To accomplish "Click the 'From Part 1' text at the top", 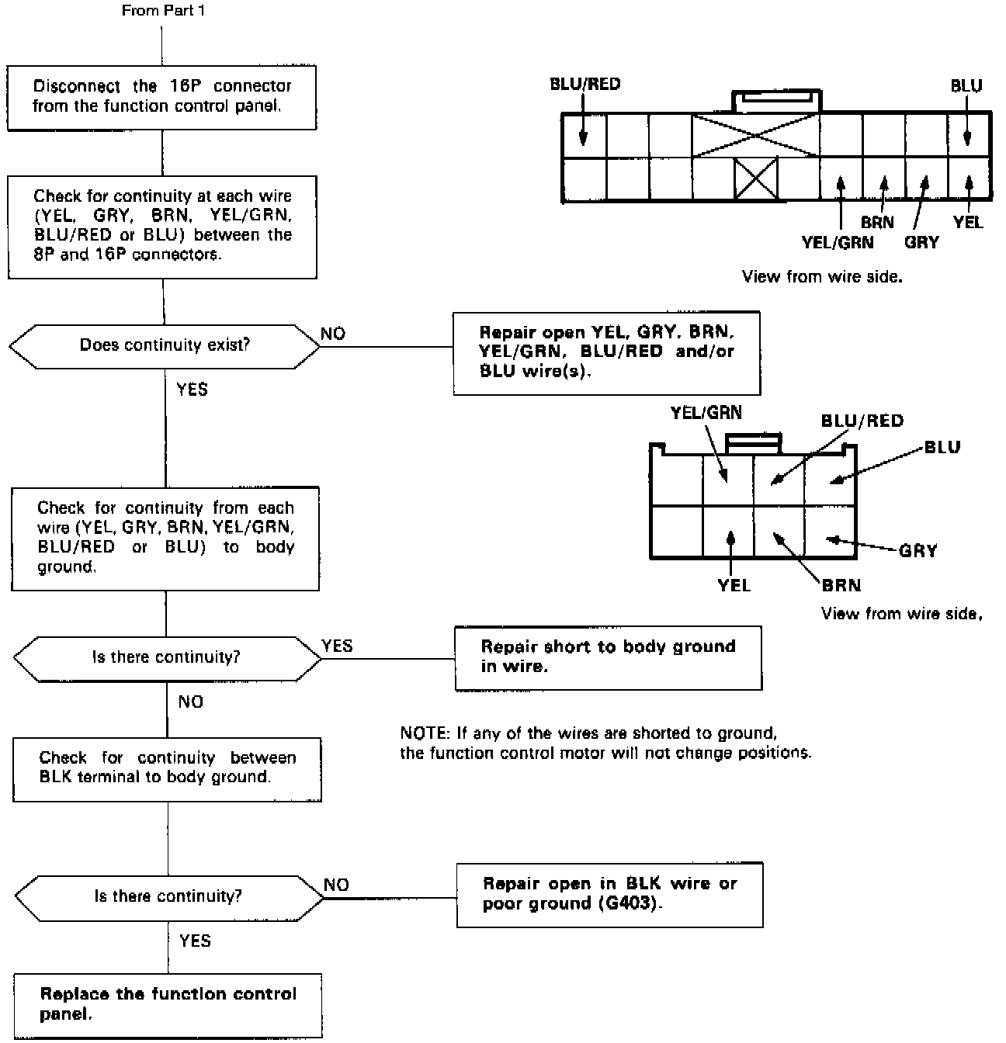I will [164, 11].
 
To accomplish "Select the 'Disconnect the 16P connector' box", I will [162, 96].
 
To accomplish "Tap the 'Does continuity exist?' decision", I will [165, 345].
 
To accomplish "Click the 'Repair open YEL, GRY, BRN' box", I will [606, 352].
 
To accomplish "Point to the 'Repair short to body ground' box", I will [608, 657].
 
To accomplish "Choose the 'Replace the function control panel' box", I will [168, 1005].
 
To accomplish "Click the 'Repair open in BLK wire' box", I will [609, 894].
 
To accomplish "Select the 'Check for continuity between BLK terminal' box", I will [168, 768].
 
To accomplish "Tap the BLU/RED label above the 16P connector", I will [585, 84].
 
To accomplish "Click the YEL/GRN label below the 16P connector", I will [838, 242].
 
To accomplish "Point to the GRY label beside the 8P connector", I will [918, 551].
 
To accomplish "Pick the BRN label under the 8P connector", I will [841, 585].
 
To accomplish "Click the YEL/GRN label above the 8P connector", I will [706, 413].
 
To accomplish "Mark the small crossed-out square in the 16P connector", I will [756, 179].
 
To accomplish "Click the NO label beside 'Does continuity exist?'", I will [333, 334].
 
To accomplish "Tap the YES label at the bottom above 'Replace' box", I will [195, 941].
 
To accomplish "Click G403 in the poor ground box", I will [630, 904].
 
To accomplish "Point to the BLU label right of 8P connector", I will [942, 447].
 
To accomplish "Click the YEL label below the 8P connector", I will [734, 585].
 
